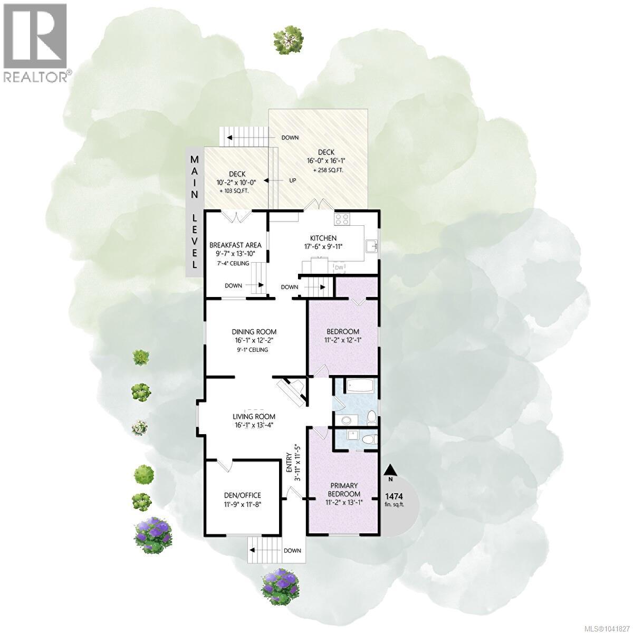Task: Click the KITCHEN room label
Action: [x=323, y=238]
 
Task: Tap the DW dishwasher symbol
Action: [x=339, y=268]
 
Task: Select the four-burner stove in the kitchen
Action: [x=342, y=219]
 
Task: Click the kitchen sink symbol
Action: [x=372, y=245]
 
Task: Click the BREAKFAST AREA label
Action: [x=235, y=245]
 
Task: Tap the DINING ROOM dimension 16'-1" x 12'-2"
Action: [x=254, y=341]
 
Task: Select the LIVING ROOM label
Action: [x=254, y=417]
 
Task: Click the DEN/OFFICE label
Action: [x=243, y=495]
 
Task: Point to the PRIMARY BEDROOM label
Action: [x=344, y=490]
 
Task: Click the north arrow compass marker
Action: [x=390, y=471]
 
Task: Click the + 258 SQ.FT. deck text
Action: [x=326, y=170]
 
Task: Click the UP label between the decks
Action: [x=292, y=180]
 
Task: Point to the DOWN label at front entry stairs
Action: [x=292, y=551]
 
